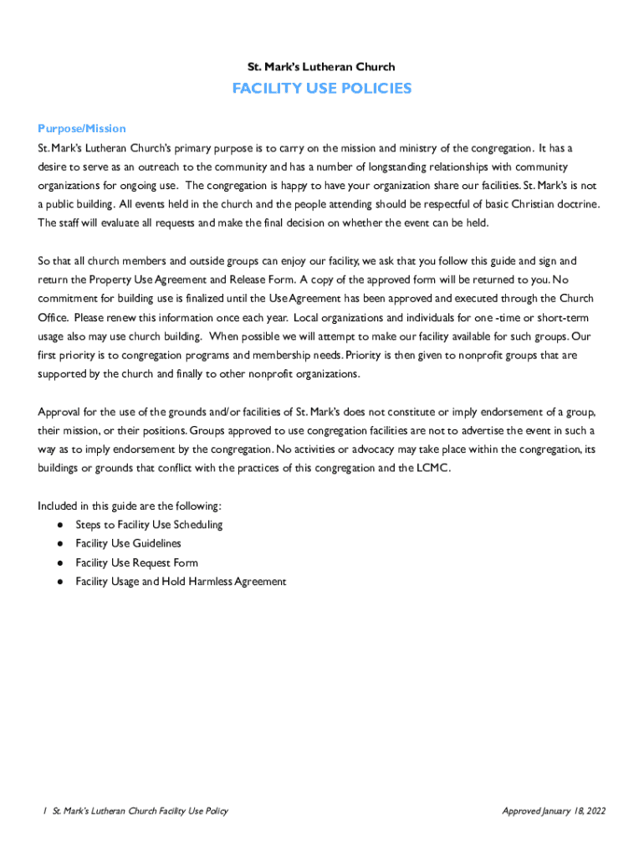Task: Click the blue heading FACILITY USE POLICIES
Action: [322, 89]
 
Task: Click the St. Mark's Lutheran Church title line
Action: [322, 67]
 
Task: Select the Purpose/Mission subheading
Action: [82, 128]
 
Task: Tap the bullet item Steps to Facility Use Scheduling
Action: [149, 525]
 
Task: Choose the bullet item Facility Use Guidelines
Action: [128, 544]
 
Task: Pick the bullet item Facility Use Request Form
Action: [136, 562]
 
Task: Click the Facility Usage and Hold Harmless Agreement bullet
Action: [181, 582]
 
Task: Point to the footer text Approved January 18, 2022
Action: [554, 811]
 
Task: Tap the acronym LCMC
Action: [432, 469]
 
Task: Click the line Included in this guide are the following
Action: [130, 505]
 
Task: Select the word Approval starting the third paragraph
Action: [60, 412]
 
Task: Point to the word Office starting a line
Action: [52, 317]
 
